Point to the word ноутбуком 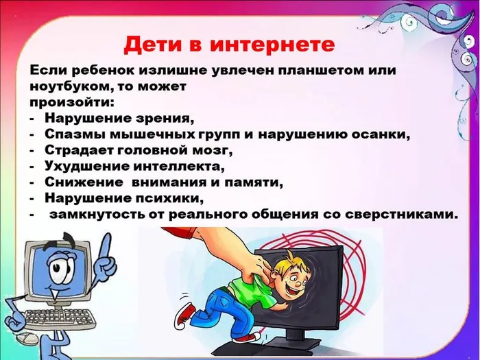point(75,87)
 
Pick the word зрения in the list point(164,117)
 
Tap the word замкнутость point(100,215)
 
